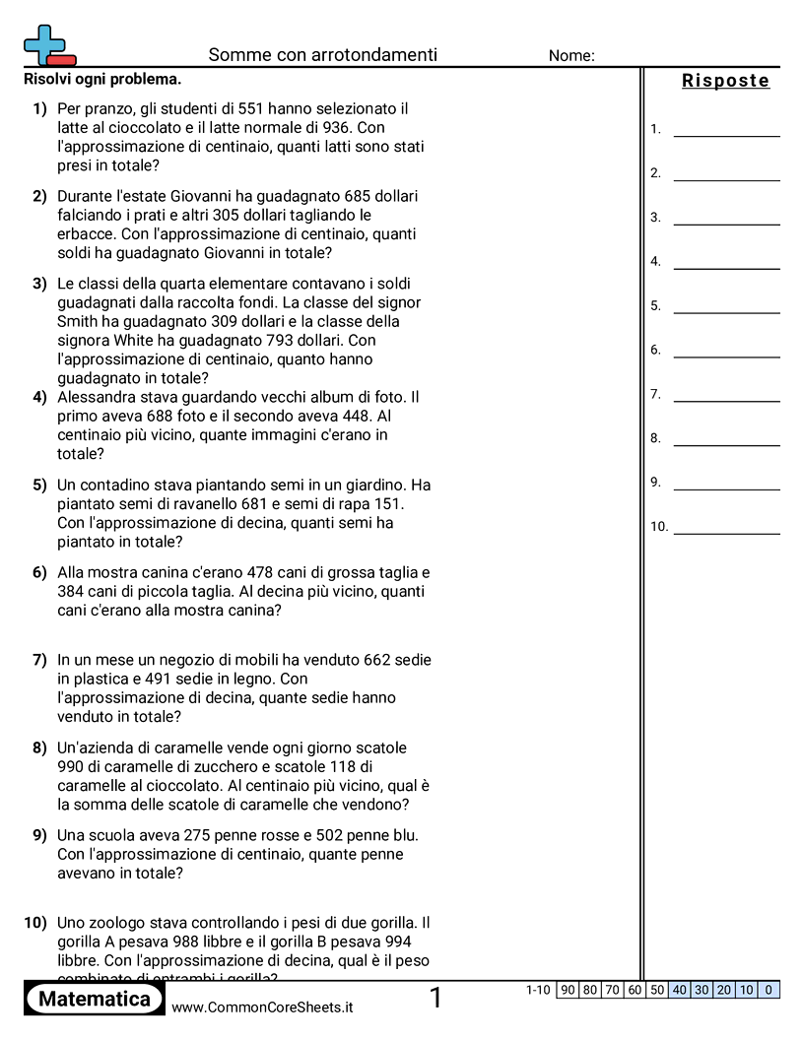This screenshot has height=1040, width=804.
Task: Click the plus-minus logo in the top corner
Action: [x=47, y=45]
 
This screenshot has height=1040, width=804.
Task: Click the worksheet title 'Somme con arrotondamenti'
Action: [x=322, y=55]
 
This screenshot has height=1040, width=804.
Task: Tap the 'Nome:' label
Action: [x=571, y=56]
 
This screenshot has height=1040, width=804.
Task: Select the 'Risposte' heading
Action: [x=725, y=81]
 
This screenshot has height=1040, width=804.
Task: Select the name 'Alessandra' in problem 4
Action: [x=97, y=397]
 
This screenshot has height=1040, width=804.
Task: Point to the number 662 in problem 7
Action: [x=380, y=660]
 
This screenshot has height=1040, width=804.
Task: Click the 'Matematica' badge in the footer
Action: [x=95, y=1000]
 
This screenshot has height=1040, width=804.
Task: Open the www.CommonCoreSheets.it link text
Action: [x=262, y=1007]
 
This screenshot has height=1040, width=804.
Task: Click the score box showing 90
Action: [x=567, y=990]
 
